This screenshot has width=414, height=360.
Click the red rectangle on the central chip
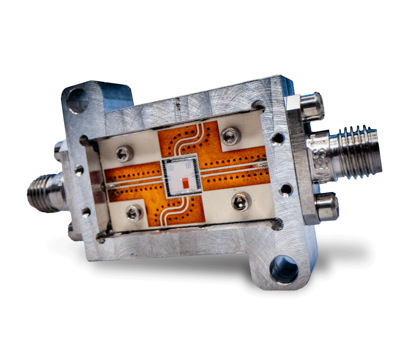(186, 183)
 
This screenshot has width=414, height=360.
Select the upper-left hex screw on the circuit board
(125, 154)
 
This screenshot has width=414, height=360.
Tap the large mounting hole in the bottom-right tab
(283, 269)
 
